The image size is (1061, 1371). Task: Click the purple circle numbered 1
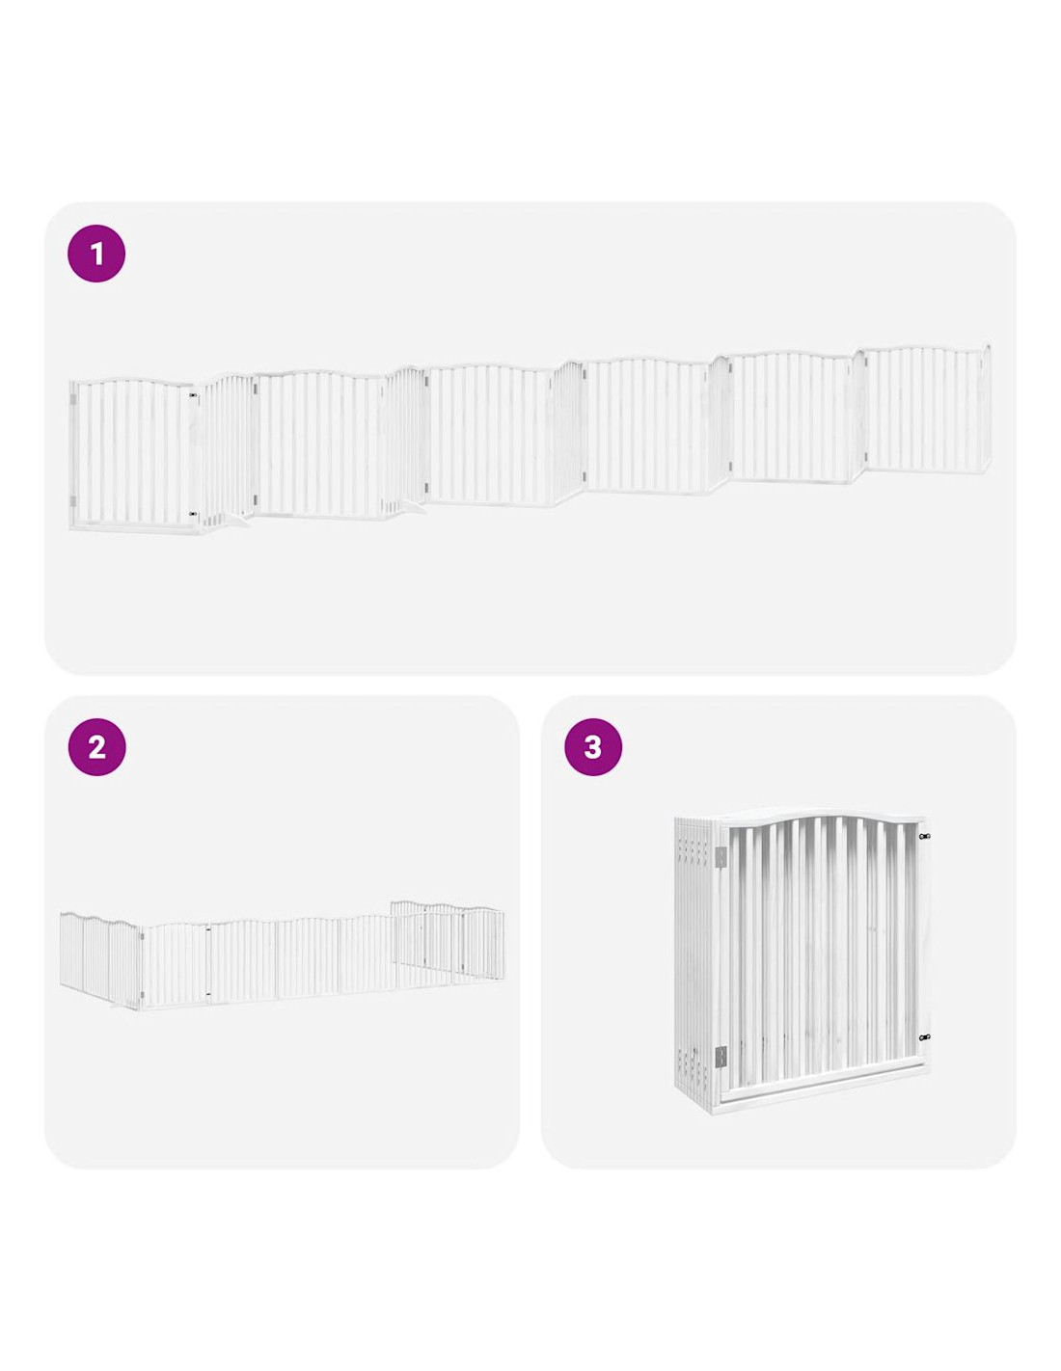95,255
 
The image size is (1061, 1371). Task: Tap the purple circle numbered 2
96,747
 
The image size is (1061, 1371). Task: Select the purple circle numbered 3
592,747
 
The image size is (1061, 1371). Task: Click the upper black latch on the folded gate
924,837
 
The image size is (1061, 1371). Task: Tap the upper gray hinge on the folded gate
721,857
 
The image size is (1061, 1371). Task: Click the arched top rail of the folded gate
821,820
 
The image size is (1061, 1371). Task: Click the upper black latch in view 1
193,395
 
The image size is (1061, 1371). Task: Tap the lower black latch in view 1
193,515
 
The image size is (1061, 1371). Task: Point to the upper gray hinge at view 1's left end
73,400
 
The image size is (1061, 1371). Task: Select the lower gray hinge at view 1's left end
73,501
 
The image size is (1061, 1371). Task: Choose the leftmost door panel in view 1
132,454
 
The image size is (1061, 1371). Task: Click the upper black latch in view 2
207,929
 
